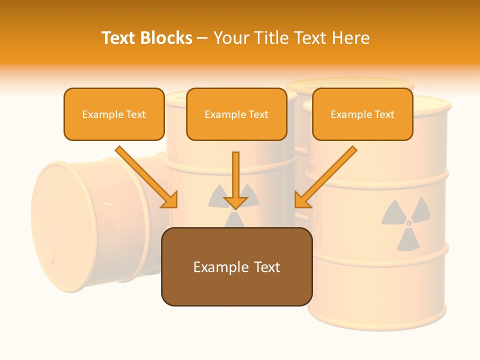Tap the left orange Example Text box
114,114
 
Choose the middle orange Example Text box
236,114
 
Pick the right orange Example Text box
362,114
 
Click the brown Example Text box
236,267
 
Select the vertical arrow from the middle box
235,180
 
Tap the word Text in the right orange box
384,114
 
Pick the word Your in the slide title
231,38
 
